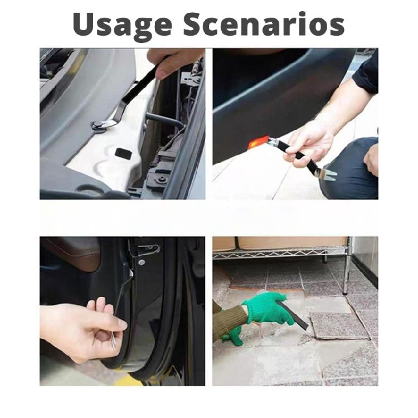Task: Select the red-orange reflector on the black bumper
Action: coord(257,144)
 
